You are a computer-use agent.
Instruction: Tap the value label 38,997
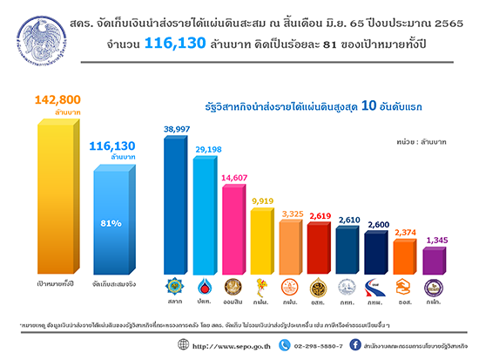point(179,127)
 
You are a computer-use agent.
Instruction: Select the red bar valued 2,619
point(320,248)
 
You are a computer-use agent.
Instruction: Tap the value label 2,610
point(348,220)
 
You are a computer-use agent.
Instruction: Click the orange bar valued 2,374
point(405,255)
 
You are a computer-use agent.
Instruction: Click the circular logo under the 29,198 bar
point(206,286)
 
